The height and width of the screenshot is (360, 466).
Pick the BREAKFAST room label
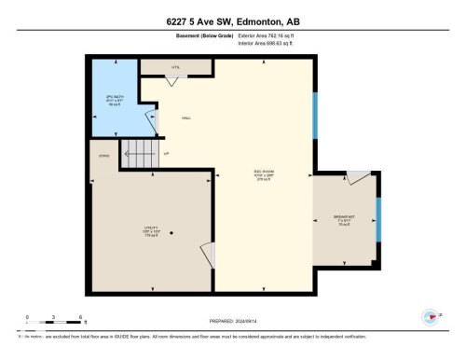pos(344,217)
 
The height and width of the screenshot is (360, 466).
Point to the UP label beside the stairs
pos(166,153)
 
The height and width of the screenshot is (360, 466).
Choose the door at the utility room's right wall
pos(209,255)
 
